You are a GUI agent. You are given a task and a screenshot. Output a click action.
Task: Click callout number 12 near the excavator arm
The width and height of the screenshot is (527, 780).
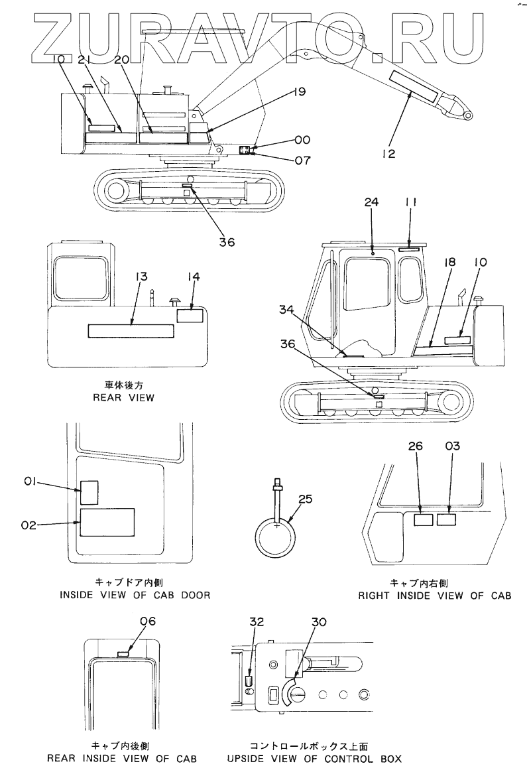(388, 154)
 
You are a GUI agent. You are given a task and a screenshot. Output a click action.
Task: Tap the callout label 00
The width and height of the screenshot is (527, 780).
(302, 140)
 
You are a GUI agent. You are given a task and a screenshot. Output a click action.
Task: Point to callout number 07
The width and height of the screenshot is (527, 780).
(302, 159)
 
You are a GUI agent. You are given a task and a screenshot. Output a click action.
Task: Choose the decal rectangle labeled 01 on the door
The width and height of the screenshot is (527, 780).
(89, 493)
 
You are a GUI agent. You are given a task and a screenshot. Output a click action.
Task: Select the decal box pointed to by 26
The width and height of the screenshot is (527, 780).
(423, 521)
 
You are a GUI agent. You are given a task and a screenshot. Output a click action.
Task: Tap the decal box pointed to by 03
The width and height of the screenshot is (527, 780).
(447, 521)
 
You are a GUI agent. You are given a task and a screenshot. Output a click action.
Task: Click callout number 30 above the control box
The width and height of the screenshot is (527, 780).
(320, 621)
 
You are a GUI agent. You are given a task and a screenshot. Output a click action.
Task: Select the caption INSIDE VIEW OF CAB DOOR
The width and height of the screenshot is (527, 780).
(135, 595)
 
